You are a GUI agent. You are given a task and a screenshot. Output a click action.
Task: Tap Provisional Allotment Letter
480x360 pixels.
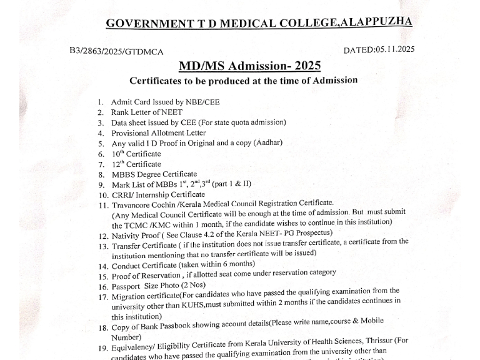point(158,133)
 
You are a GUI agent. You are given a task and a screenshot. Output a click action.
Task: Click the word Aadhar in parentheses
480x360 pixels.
point(269,142)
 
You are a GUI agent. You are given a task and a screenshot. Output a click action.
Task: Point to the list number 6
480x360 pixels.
point(100,154)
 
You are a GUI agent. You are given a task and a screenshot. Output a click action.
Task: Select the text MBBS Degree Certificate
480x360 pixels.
point(154,174)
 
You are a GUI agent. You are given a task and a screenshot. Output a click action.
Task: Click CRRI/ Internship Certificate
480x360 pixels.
point(158,195)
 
